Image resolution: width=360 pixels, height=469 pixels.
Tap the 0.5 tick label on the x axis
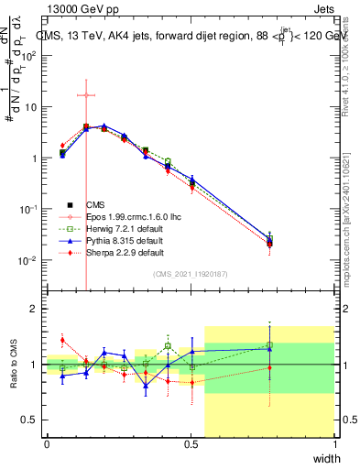tap(191, 444)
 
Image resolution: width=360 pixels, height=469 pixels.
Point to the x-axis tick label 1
tap(335, 444)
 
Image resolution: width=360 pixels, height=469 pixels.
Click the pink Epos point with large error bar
tap(86, 95)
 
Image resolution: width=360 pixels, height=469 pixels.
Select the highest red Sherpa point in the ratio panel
tap(62, 340)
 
